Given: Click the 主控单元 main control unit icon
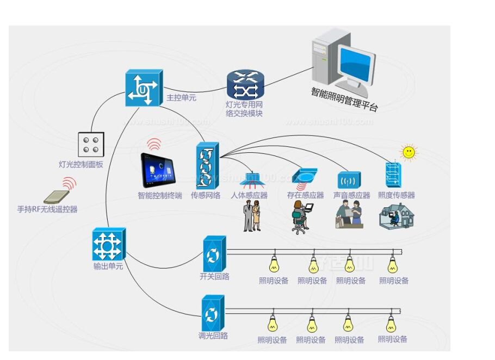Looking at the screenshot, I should (x=144, y=87).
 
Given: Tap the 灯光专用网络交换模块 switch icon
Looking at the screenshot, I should (x=245, y=85).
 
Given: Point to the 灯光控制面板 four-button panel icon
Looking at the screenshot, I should (x=91, y=145).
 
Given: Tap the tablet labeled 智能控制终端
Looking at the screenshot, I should (x=158, y=170).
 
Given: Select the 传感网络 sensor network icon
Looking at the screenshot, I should (x=207, y=165).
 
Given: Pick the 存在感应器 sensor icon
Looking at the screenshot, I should (x=305, y=176).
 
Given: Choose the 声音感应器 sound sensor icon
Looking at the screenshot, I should (x=349, y=179).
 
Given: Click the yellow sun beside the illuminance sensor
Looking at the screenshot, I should (x=407, y=152).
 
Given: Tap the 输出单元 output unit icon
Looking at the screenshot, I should (x=108, y=244).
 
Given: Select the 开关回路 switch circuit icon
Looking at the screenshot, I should (x=213, y=253).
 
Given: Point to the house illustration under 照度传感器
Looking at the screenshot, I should (x=397, y=215).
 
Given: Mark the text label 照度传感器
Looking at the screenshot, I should (x=397, y=195).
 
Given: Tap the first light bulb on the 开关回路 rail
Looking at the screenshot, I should (x=274, y=264).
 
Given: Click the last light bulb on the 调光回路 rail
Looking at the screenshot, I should (x=391, y=323).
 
